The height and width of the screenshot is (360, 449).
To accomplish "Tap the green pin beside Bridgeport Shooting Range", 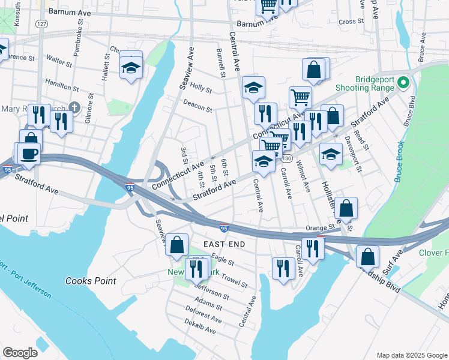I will (x=404, y=82).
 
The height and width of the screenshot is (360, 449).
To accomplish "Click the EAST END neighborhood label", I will (x=224, y=244).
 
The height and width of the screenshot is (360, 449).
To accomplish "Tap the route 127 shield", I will (x=41, y=23).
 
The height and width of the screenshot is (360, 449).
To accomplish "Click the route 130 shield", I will (x=288, y=158).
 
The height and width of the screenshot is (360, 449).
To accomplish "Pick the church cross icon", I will (x=74, y=107).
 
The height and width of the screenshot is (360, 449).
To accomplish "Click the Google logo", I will (x=20, y=352).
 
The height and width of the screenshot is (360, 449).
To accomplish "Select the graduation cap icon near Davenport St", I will (x=330, y=154).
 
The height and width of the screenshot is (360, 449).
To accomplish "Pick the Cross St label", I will (x=348, y=22).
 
